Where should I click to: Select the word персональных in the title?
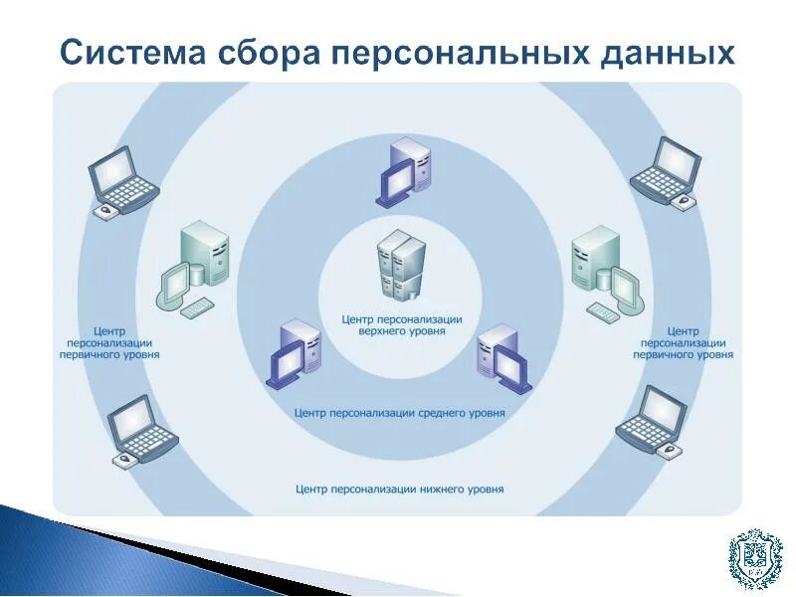coord(468,52)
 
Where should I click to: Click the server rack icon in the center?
coord(401,264)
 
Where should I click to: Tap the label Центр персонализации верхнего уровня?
coord(401,325)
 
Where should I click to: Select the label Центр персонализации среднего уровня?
coord(400,412)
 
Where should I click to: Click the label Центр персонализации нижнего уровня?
coord(400,490)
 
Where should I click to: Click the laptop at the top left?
coord(122,182)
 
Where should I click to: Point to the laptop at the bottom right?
coord(653,421)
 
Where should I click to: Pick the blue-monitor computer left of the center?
coord(295,354)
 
